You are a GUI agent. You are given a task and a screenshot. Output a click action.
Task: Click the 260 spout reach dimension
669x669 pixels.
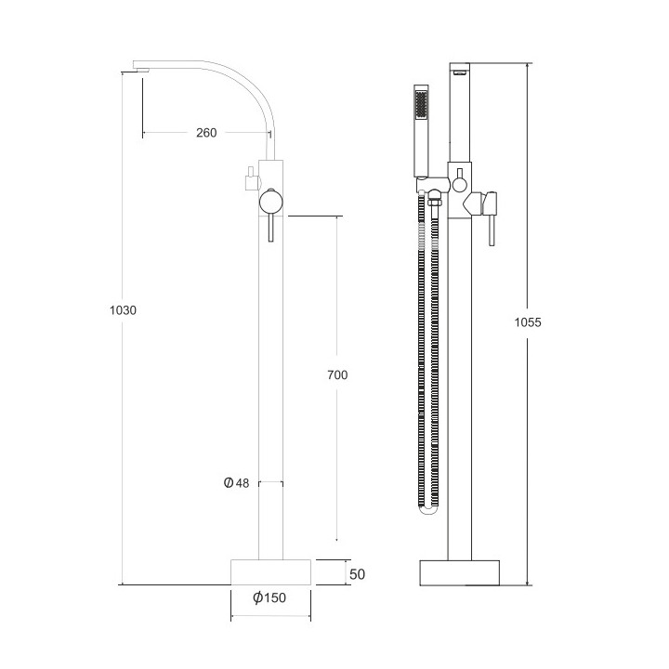coord(206,133)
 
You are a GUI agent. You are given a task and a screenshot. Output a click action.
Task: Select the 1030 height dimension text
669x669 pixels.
coord(124,310)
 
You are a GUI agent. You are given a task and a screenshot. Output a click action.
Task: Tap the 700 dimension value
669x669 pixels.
coord(337,374)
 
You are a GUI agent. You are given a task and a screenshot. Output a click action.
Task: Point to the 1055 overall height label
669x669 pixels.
coord(527,322)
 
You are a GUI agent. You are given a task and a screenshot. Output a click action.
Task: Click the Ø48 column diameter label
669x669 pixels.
coord(238,482)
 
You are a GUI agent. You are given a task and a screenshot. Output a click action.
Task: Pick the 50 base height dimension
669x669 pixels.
coord(357,574)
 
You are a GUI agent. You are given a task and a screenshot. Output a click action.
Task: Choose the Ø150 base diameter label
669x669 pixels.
coord(269,597)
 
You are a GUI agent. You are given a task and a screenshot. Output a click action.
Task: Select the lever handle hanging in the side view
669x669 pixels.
coord(269,227)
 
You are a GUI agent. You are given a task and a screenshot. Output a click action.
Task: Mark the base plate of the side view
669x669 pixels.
coord(270,571)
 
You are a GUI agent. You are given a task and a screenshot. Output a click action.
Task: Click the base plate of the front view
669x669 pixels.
coord(460,571)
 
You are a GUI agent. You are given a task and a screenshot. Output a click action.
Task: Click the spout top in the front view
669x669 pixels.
coord(462,69)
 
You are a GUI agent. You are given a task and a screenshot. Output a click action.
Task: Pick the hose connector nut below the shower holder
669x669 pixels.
coord(425,197)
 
